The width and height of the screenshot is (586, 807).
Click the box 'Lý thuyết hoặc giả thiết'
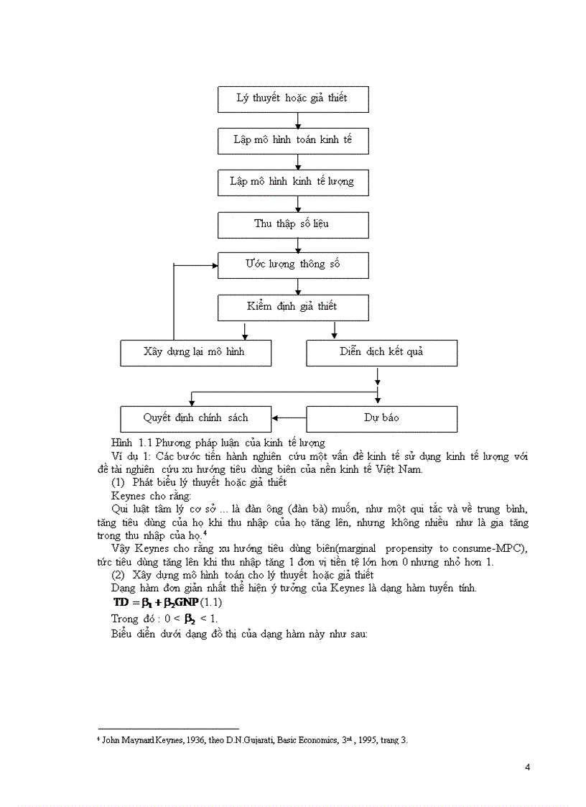[x=293, y=99]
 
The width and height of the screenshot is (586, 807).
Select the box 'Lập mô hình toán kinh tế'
[x=293, y=141]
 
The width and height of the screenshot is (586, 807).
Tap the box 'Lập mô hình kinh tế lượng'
[x=293, y=183]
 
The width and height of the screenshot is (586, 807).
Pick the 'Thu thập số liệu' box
[x=293, y=224]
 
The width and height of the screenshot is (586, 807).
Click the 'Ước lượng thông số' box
[x=293, y=265]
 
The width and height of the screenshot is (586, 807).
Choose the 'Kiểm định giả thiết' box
[x=293, y=308]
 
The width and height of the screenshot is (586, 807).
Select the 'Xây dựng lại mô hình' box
[x=195, y=353]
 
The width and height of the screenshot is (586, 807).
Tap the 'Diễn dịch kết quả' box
[x=381, y=353]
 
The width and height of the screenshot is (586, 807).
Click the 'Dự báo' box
[x=381, y=418]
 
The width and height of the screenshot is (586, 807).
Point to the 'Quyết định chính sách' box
[x=195, y=418]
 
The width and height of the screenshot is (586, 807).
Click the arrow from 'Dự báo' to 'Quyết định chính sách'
[x=289, y=418]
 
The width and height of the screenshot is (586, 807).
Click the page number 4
[x=528, y=767]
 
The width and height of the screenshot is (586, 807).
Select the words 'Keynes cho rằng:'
[x=152, y=496]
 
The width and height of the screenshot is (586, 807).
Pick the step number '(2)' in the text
[x=118, y=575]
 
